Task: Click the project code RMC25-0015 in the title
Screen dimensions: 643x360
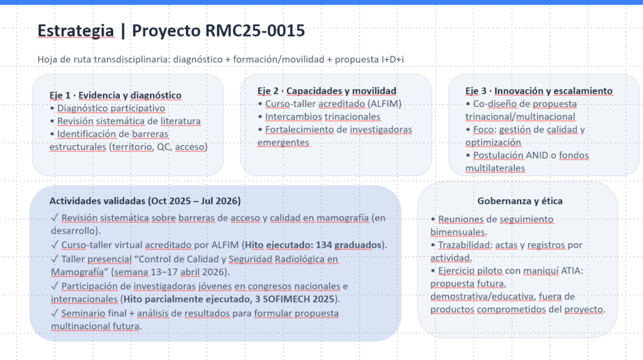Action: tap(255, 31)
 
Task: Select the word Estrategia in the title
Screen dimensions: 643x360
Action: tap(75, 31)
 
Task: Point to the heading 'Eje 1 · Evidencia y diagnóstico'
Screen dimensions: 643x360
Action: tap(116, 95)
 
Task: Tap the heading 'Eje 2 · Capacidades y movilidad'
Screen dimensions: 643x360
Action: tap(327, 90)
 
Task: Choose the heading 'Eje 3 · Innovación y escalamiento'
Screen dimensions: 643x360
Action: tap(539, 90)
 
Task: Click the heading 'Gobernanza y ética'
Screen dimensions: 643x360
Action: tap(519, 200)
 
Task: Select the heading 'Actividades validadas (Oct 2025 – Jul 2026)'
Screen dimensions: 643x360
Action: tap(145, 200)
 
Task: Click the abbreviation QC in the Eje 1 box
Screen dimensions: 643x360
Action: tap(163, 146)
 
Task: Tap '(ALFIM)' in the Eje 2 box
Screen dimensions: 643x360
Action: tap(385, 104)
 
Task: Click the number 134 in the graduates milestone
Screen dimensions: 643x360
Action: tap(323, 245)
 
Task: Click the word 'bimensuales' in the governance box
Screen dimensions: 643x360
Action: tap(458, 232)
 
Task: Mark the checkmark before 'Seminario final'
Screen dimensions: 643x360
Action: tap(55, 314)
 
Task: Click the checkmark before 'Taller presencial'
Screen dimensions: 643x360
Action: tap(55, 259)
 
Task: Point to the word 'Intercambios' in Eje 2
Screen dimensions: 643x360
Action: tap(293, 117)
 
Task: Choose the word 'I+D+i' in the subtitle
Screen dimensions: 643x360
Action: tap(392, 60)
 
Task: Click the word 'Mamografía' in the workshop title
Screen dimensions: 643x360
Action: tap(77, 272)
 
